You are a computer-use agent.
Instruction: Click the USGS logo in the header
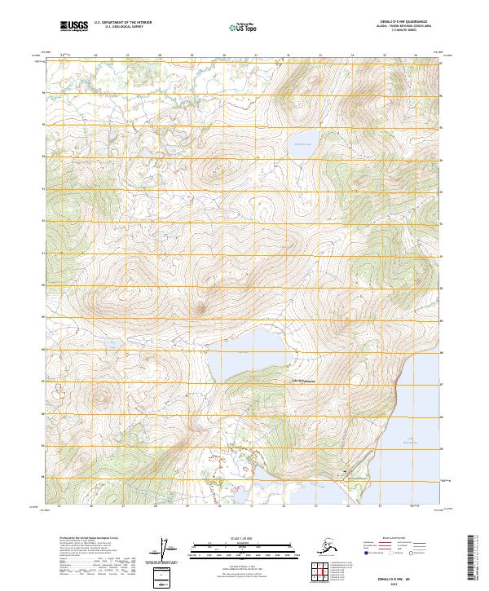pos(76,27)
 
